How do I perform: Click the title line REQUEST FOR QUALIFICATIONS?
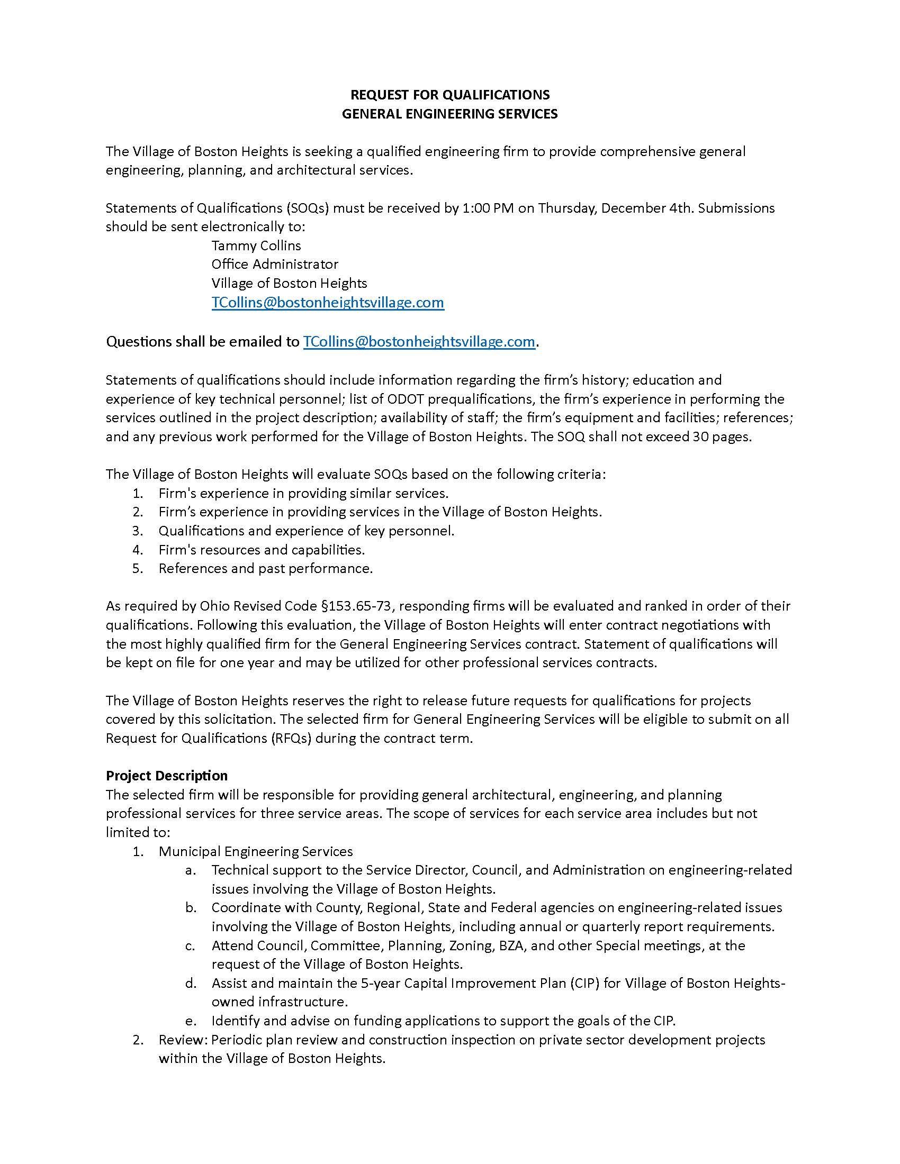coord(449,95)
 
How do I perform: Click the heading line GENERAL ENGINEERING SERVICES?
coord(449,114)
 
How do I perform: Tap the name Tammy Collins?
coord(256,245)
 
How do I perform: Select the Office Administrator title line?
coord(275,265)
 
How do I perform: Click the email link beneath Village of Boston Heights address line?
coord(327,303)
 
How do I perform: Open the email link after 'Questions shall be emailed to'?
coord(419,342)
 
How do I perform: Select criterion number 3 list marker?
coord(138,531)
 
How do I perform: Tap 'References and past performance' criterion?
coord(265,569)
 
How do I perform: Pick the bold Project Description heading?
coord(166,776)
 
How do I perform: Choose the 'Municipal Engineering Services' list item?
coord(255,851)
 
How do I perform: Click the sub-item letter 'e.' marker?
coord(192,1021)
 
